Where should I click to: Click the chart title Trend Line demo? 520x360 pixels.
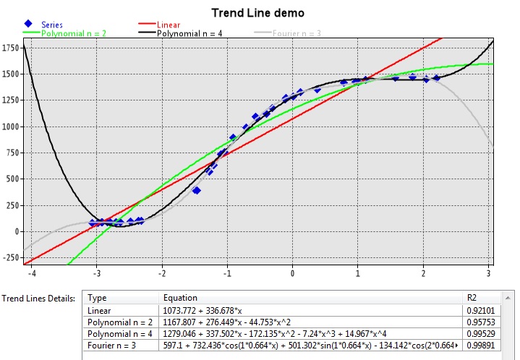coord(257,13)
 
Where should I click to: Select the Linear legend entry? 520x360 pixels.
coord(169,25)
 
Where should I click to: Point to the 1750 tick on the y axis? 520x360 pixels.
coord(10,48)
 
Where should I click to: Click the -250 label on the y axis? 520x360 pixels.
coord(10,258)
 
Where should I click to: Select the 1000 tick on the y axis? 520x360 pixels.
coord(10,127)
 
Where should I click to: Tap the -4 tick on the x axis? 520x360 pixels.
coord(30,274)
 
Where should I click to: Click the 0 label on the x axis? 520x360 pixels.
coord(291,274)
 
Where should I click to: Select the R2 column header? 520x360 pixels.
coord(473,298)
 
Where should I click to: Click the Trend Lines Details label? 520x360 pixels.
coord(40,298)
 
